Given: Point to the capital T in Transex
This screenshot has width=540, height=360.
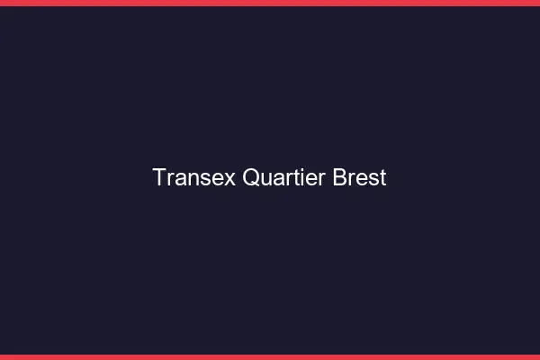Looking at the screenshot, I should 159,177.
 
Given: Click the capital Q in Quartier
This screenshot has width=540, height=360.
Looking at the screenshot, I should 251,177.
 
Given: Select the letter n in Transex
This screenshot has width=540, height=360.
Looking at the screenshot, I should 193,179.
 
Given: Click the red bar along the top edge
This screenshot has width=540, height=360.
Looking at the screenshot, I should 270,3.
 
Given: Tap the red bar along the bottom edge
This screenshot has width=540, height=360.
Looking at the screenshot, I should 270,356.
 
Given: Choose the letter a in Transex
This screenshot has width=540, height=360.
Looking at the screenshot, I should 181,179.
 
